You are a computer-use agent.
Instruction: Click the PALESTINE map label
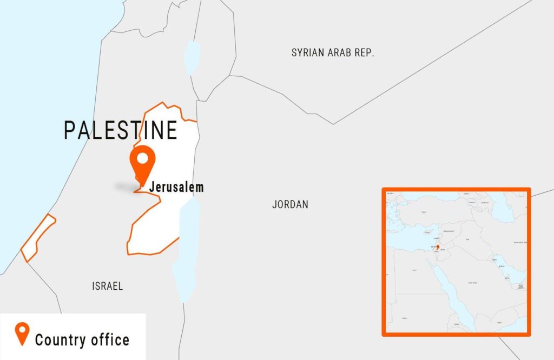(121, 130)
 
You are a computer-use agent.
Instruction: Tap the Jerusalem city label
(176, 188)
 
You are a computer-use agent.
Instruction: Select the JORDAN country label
(290, 204)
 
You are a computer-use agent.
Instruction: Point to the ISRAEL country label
(107, 286)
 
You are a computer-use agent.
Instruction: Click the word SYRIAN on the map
(310, 52)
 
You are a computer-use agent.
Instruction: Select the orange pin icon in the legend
(22, 334)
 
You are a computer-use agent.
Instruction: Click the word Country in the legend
(58, 340)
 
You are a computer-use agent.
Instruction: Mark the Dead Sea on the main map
(186, 243)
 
